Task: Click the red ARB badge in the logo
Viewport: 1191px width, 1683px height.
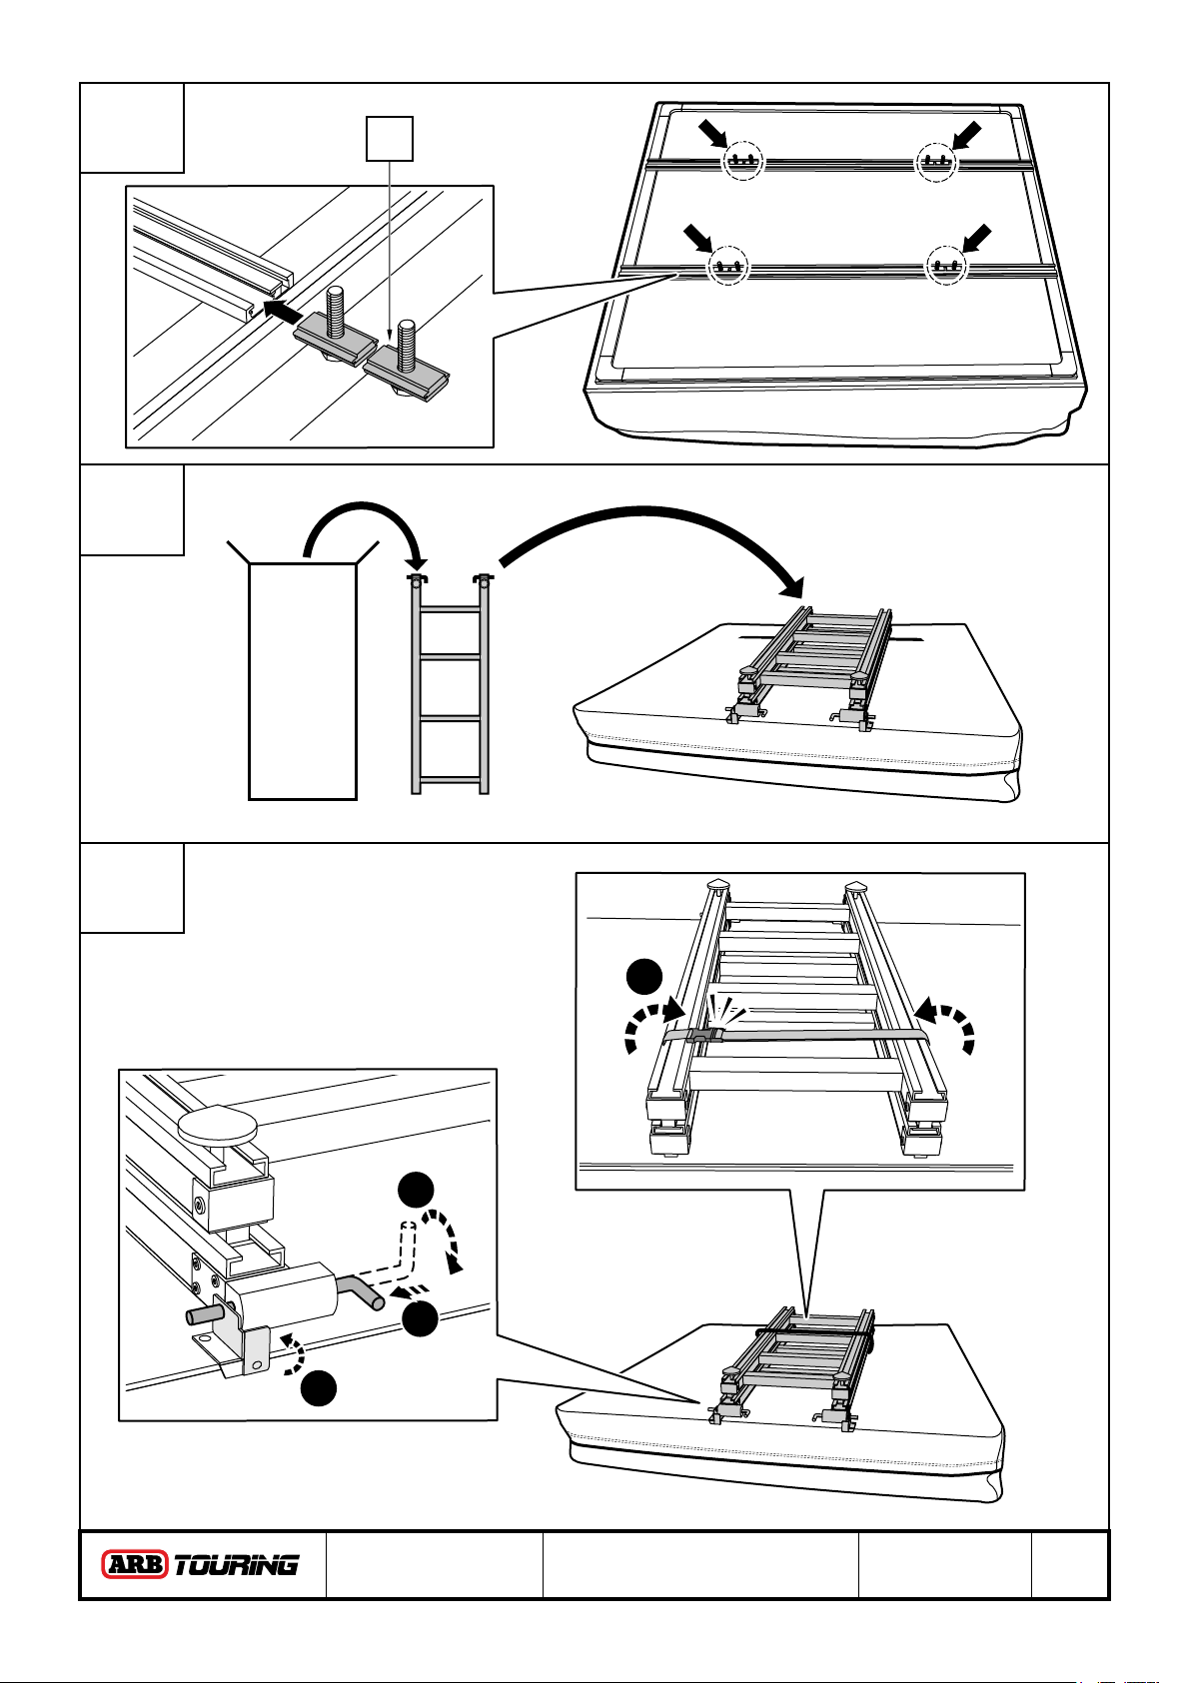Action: click(x=136, y=1564)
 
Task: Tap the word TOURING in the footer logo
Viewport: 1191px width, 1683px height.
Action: click(x=237, y=1564)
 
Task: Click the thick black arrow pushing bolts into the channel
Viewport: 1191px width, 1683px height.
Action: click(x=288, y=310)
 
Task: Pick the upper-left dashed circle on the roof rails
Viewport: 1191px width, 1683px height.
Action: click(x=741, y=161)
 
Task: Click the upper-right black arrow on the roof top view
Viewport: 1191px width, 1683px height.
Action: click(x=967, y=135)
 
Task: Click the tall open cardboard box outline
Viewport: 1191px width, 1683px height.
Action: click(x=303, y=679)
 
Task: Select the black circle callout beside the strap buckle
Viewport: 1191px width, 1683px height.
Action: click(x=644, y=977)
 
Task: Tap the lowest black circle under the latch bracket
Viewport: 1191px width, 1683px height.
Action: click(x=321, y=1388)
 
